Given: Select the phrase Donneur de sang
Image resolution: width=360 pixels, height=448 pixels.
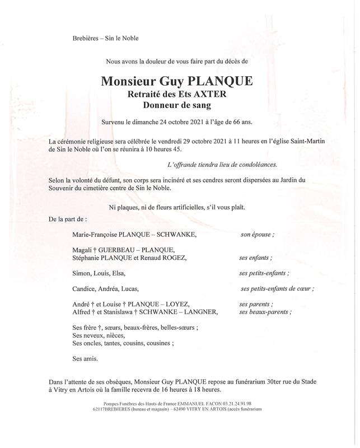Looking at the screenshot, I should point(177,105).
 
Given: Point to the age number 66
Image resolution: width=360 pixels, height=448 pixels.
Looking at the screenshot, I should point(233,122).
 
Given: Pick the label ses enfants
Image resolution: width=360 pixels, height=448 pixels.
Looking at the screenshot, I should point(256,258).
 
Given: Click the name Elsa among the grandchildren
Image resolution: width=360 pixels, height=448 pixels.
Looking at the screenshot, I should point(119,273).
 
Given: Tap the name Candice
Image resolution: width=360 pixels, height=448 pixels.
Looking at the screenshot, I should point(85,288).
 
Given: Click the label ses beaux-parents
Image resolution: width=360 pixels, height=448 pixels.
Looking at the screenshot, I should point(265,312).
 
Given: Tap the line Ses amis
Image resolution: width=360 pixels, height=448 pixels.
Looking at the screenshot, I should point(85,357).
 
